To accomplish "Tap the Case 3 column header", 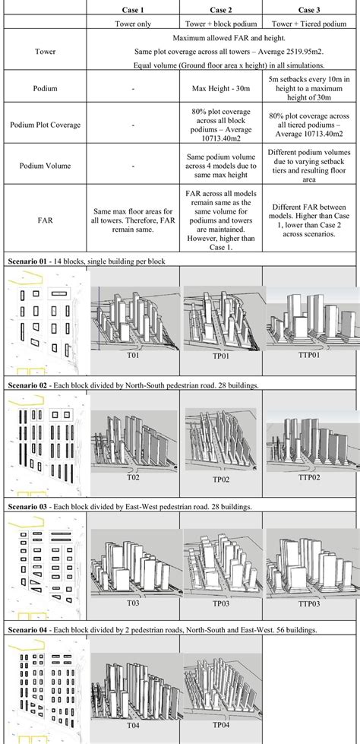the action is pyautogui.click(x=310, y=8).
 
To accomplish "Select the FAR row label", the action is pyautogui.click(x=45, y=214).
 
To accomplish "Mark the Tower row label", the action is pyautogui.click(x=45, y=52).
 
